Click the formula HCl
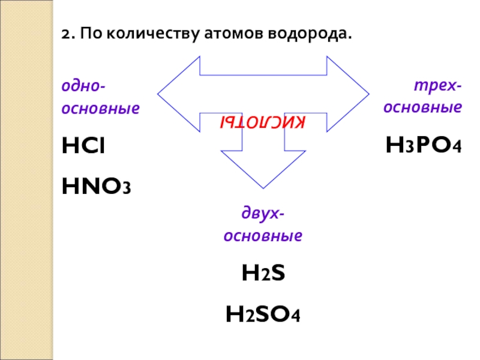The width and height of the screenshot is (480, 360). point(83,145)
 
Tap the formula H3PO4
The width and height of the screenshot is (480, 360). point(423,145)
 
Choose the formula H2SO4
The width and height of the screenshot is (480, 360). point(263,314)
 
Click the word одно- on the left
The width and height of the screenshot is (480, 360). point(82,86)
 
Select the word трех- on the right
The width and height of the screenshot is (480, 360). point(437,86)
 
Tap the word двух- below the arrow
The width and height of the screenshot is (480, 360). point(263,214)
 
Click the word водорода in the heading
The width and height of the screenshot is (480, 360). point(311,35)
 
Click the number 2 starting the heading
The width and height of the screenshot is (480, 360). point(65,35)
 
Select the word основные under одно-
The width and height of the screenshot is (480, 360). point(100,109)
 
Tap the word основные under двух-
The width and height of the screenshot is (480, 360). point(263,236)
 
